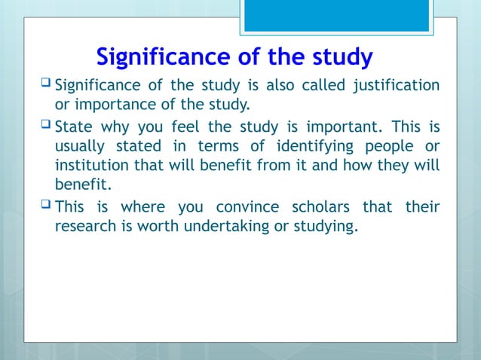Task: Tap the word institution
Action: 90,163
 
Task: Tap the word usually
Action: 77,145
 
